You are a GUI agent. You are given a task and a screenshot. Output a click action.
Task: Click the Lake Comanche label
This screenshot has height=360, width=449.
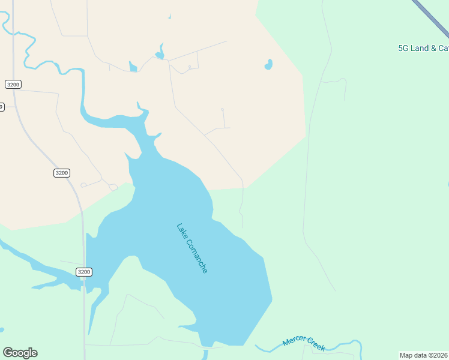point(192,248)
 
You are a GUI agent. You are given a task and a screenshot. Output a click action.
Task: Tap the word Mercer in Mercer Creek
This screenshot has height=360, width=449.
point(295,341)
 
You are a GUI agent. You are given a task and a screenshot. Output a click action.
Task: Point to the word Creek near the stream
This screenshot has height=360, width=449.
point(316,344)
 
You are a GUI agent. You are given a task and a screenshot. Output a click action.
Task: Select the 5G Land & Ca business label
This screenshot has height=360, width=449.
point(423,48)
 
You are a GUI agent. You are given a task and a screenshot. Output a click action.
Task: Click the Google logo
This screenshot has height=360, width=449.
point(20,353)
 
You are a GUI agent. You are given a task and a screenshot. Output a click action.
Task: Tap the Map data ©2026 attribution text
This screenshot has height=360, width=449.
point(423,355)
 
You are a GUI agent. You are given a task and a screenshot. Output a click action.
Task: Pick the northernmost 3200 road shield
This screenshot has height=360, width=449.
point(13,85)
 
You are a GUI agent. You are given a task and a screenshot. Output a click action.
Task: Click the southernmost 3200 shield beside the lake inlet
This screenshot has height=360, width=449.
point(84,272)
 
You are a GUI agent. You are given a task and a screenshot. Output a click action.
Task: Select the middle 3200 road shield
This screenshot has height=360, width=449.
point(61,173)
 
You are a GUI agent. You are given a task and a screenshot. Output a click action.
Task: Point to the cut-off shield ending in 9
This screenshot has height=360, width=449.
point(2,107)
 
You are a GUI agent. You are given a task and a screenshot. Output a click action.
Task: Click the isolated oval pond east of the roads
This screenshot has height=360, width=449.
point(268,64)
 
